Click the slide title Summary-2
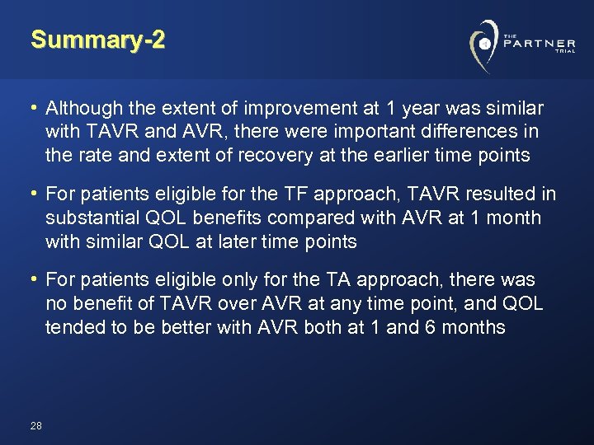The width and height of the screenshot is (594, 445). (x=97, y=40)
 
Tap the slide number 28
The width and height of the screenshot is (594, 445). (x=35, y=425)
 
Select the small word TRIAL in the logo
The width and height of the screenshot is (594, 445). (x=565, y=52)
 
